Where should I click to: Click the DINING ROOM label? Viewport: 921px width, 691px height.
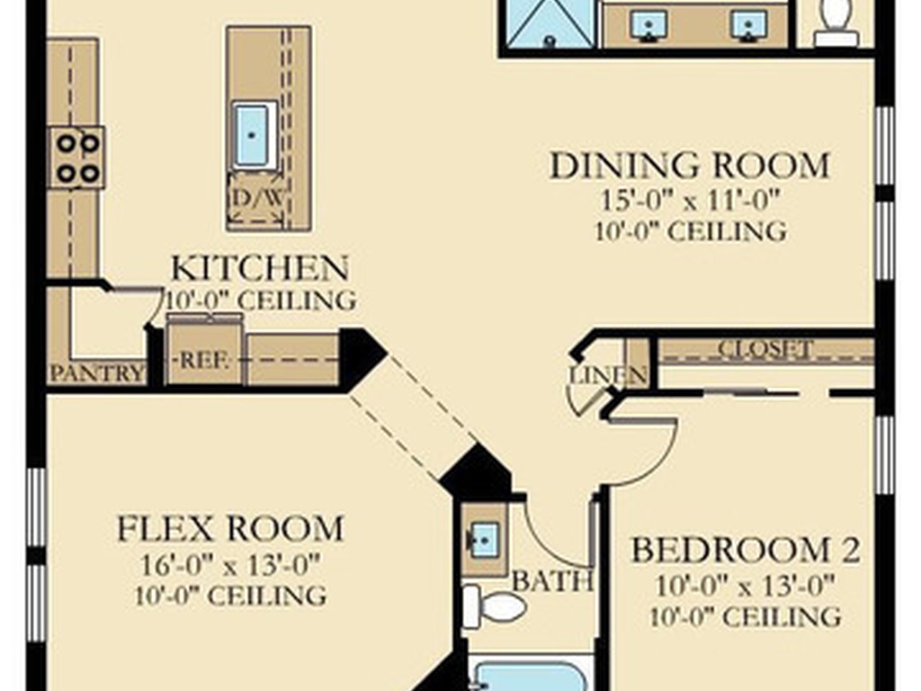(690, 166)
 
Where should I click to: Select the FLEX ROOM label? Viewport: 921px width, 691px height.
(230, 528)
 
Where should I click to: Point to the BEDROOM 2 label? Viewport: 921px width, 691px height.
(746, 550)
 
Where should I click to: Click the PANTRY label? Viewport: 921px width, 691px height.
(97, 373)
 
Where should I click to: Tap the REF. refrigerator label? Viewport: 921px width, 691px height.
(204, 360)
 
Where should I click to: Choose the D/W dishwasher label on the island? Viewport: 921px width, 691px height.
(256, 197)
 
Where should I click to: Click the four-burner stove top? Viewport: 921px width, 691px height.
(76, 157)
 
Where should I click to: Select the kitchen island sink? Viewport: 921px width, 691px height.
(254, 135)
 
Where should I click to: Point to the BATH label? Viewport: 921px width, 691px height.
(552, 581)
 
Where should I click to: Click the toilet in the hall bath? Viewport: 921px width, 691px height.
(494, 607)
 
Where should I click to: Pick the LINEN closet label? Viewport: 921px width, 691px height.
(609, 375)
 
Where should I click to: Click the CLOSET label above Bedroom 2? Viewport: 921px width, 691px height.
(765, 349)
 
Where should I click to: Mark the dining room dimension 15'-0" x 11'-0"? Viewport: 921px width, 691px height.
(690, 201)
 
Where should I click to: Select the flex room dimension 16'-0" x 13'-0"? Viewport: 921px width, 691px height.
(230, 566)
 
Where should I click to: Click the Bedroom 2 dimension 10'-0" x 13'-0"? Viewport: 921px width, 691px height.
(746, 586)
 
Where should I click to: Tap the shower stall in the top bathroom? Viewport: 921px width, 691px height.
(550, 22)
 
